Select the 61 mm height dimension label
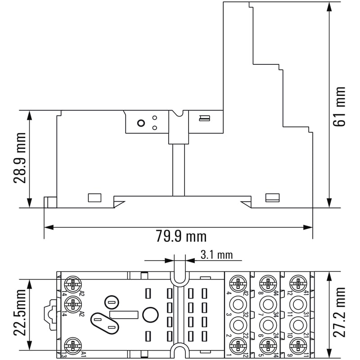click(x=341, y=106)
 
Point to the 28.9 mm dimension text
click(x=19, y=158)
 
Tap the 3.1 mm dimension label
click(x=216, y=255)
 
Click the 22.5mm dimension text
click(x=18, y=314)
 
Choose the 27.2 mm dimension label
click(x=341, y=312)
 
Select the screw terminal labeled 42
click(x=238, y=283)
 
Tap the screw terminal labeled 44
click(x=267, y=283)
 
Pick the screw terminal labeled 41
click(x=297, y=283)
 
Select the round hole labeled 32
click(x=238, y=304)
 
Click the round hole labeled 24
click(x=267, y=325)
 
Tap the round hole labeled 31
click(x=297, y=304)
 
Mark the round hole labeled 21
click(x=297, y=325)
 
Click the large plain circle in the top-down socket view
click(x=151, y=315)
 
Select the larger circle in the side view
click(x=140, y=123)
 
